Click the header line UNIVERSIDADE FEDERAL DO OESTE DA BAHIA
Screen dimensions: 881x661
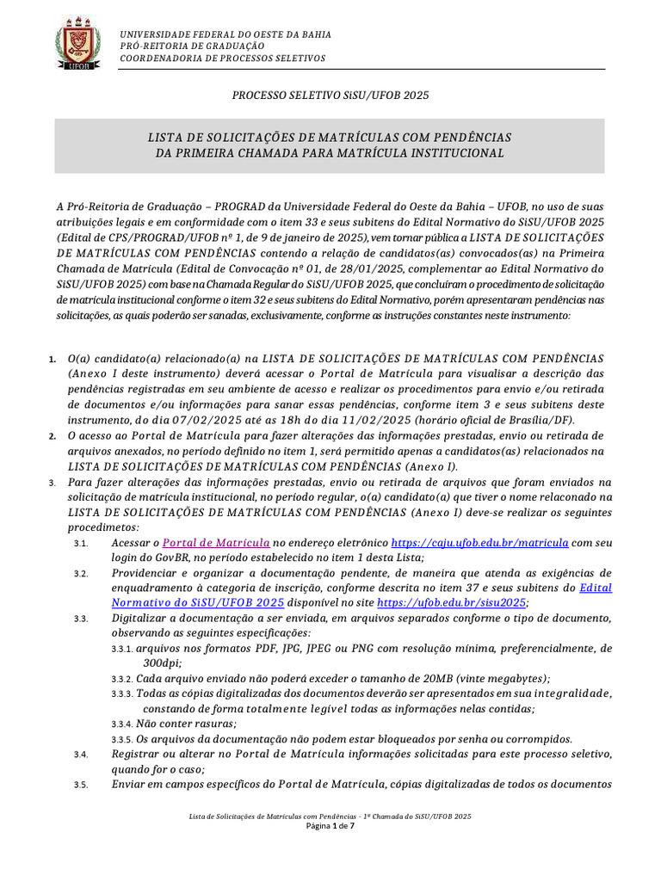point(225,34)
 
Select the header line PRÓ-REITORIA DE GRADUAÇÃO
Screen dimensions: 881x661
point(192,46)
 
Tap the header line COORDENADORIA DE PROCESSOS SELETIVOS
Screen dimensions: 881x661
point(222,58)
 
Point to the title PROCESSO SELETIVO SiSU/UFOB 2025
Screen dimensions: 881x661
point(330,95)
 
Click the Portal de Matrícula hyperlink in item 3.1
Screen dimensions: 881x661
point(216,544)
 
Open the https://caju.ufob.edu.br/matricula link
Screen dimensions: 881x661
point(479,544)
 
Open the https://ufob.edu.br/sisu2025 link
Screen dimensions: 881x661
point(452,603)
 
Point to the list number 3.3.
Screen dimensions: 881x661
point(81,619)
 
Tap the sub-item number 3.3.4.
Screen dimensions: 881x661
point(122,724)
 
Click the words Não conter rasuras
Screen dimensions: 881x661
point(184,724)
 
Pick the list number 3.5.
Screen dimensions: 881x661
point(81,784)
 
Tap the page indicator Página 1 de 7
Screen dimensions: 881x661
point(330,826)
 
